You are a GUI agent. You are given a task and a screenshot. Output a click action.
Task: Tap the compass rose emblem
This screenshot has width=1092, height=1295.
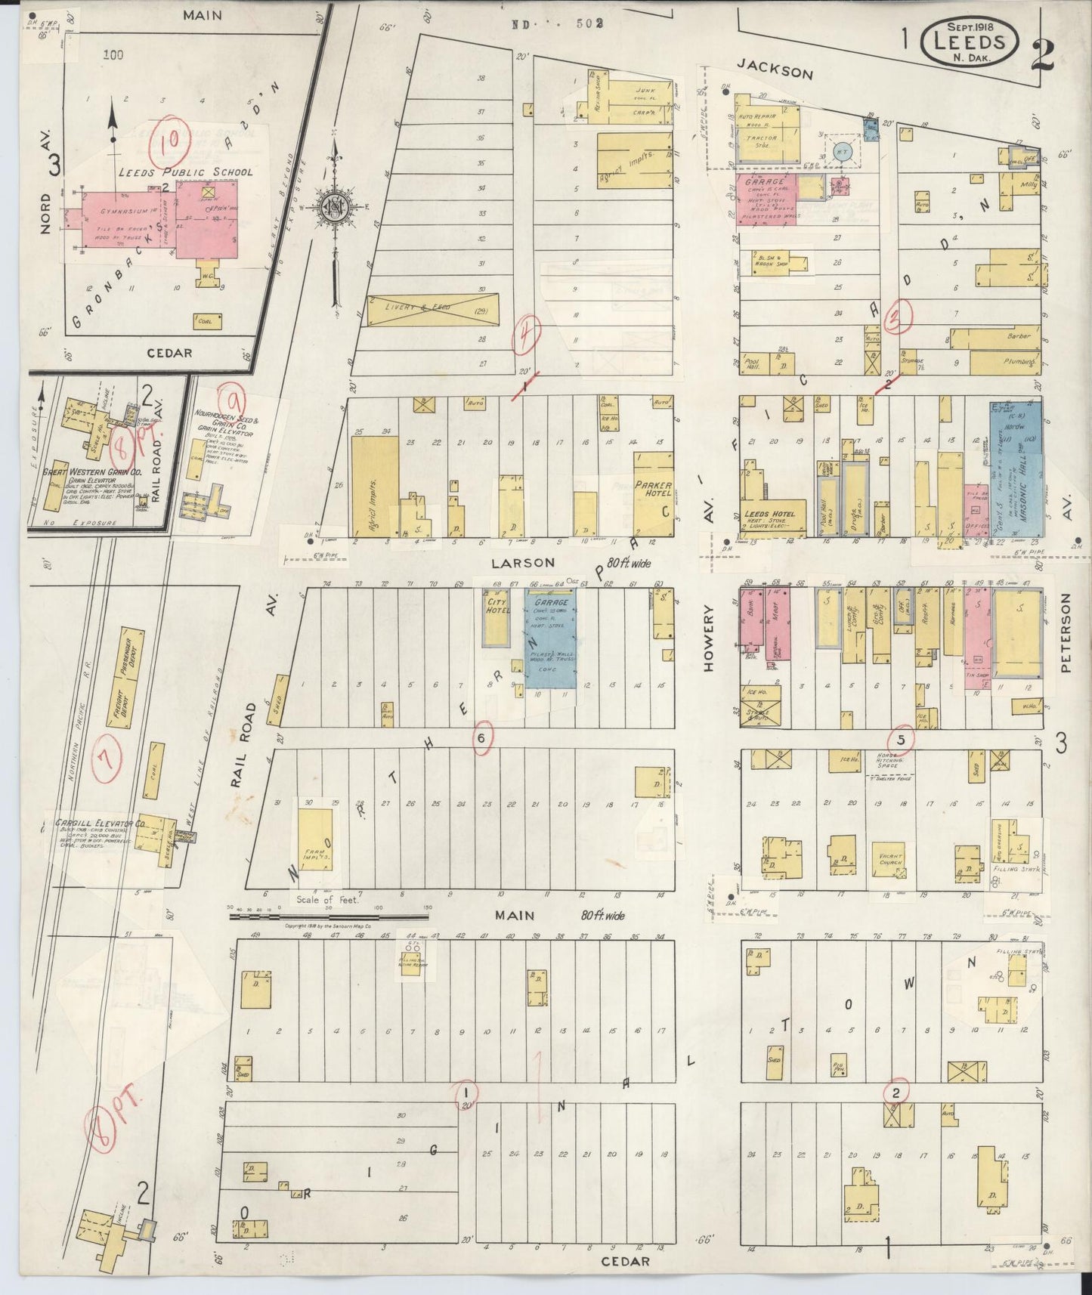click(333, 209)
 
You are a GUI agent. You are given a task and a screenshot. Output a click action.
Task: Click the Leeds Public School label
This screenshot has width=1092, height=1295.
click(185, 172)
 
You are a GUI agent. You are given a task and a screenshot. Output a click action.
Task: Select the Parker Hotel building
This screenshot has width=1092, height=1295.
click(653, 495)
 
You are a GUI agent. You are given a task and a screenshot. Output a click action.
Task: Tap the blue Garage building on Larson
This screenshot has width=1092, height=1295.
click(551, 638)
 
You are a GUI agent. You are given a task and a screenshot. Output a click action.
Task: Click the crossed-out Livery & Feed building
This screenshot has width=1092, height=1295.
click(433, 310)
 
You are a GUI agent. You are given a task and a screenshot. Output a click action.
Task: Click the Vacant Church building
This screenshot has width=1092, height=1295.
click(892, 861)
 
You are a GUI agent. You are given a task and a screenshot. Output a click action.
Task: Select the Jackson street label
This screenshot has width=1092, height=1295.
click(775, 72)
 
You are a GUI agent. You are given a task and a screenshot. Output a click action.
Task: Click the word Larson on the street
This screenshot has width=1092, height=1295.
click(522, 563)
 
